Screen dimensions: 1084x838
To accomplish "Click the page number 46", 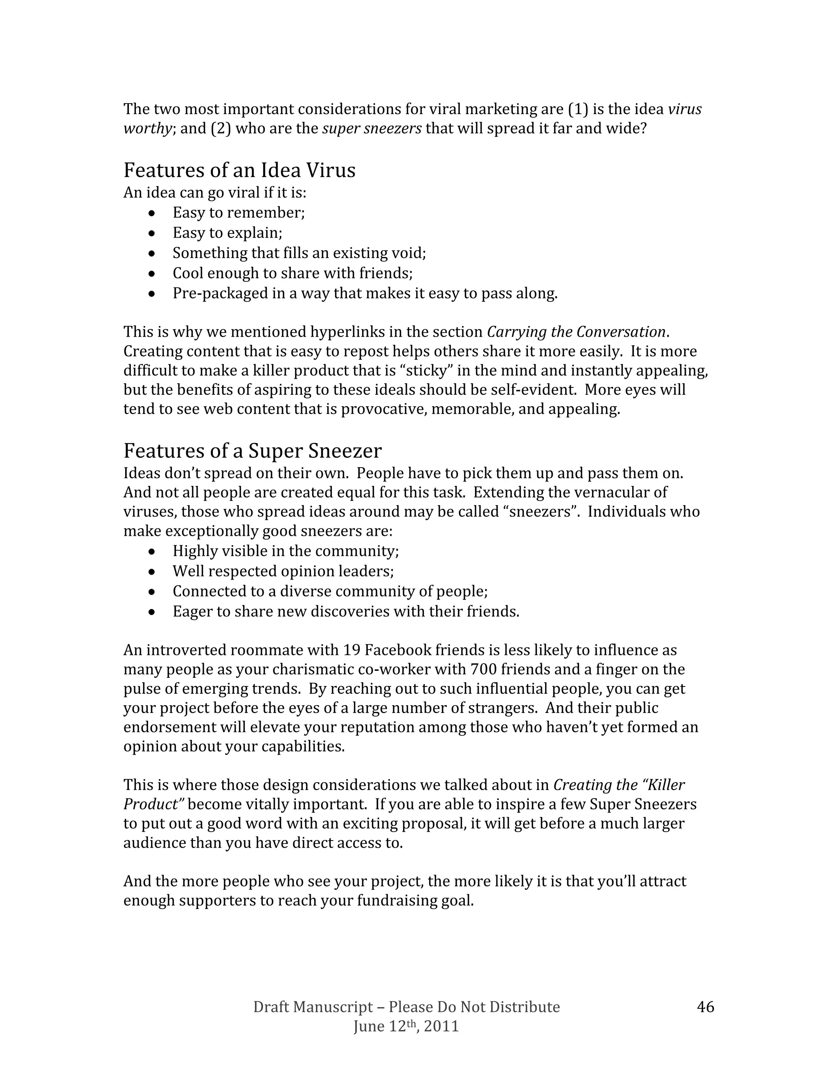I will [x=705, y=1007].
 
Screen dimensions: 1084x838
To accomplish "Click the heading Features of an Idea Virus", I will [x=239, y=170].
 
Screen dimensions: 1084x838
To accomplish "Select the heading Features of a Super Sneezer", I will [x=252, y=451].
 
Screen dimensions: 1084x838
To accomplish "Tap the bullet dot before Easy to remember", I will [x=152, y=214].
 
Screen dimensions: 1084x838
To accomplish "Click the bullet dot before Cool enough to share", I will [x=152, y=274].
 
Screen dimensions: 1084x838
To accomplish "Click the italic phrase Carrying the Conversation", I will [x=576, y=332].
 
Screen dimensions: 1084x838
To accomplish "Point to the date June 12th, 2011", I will [x=405, y=1026].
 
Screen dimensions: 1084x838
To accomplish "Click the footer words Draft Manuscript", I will [x=313, y=1007].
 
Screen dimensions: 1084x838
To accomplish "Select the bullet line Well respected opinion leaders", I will [x=283, y=571].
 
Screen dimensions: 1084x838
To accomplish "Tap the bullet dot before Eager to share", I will [x=152, y=612].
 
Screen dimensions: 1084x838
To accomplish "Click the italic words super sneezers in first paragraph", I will [x=372, y=128].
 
